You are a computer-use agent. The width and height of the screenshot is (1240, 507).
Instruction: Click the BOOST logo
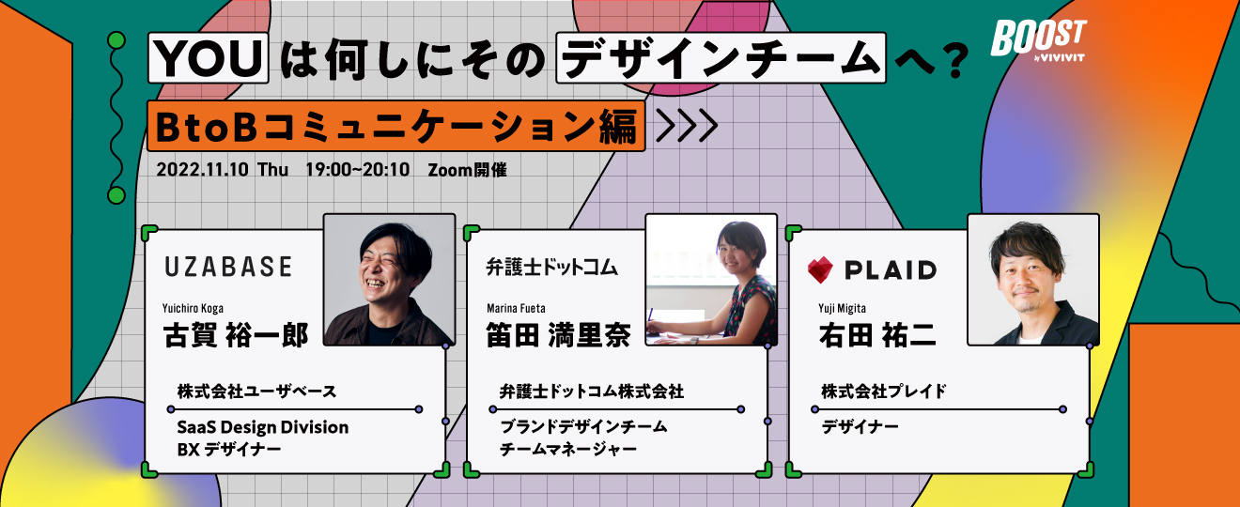[x=1039, y=38]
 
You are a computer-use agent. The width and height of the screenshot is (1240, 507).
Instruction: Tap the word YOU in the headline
[x=209, y=58]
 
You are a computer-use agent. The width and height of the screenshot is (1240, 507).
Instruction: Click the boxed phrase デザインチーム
[x=721, y=58]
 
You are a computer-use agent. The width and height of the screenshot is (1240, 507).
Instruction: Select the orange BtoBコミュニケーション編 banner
[x=395, y=126]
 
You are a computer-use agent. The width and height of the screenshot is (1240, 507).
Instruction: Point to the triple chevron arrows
[x=687, y=126]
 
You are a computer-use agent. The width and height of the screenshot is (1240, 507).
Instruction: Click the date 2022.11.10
[x=202, y=169]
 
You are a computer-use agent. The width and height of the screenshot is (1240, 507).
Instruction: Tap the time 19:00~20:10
[x=358, y=169]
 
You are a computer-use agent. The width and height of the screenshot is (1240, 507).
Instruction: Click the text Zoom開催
[x=467, y=169]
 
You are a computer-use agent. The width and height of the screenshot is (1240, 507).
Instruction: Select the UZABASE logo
[x=228, y=267]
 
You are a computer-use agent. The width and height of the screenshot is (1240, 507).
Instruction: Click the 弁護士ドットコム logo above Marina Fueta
[x=552, y=268]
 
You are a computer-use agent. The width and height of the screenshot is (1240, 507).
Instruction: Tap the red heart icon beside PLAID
[x=820, y=270]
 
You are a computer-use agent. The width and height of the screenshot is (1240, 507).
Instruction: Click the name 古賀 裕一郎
[x=236, y=335]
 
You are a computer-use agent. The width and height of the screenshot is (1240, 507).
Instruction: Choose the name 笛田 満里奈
[x=558, y=335]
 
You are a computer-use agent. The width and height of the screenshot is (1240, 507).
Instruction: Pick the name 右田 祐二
[x=877, y=335]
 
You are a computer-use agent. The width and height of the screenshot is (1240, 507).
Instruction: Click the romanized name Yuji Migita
[x=842, y=308]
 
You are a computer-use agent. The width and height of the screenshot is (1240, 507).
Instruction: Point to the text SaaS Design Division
[x=263, y=427]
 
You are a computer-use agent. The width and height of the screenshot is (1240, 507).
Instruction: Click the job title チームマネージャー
[x=568, y=449]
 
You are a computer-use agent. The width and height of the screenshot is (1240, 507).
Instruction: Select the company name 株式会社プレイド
[x=883, y=392]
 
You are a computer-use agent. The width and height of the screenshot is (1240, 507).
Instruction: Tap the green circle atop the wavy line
[x=116, y=39]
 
